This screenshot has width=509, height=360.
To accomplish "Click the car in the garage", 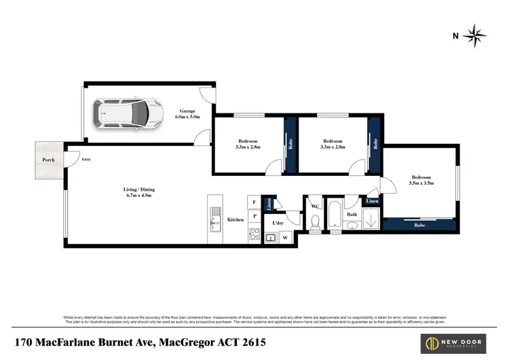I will pyautogui.click(x=128, y=113).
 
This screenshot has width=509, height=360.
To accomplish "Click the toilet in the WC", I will pyautogui.click(x=314, y=221).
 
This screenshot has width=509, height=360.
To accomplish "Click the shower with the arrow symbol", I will pyautogui.click(x=371, y=219).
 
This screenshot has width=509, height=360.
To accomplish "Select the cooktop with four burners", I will pyautogui.click(x=255, y=236).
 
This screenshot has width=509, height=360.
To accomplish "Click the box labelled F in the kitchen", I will pyautogui.click(x=254, y=202).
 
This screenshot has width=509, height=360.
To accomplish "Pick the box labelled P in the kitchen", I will pyautogui.click(x=254, y=217).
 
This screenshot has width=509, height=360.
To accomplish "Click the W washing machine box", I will pyautogui.click(x=284, y=237).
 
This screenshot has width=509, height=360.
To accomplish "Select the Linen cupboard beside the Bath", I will pyautogui.click(x=373, y=202).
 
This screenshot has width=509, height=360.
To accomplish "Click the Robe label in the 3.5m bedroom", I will pyautogui.click(x=419, y=224).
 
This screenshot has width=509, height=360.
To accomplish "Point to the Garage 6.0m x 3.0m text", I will pyautogui.click(x=187, y=113).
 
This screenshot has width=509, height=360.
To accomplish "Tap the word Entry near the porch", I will pyautogui.click(x=86, y=160).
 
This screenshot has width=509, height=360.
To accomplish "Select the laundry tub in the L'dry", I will pyautogui.click(x=269, y=237).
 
